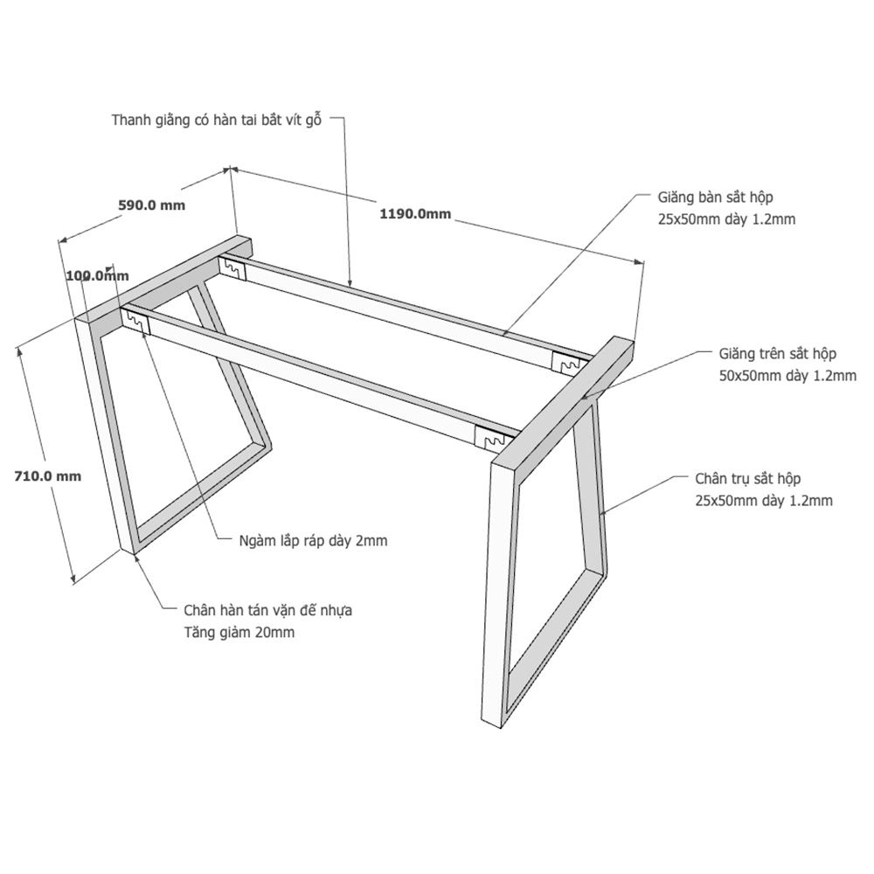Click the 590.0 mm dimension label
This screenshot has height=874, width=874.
coord(151,205)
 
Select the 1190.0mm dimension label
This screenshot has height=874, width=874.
coord(415,213)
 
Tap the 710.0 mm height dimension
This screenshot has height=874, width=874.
coord(47,476)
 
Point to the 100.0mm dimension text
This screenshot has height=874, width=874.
coord(97,275)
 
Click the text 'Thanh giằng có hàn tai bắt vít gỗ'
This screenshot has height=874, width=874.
coord(217,120)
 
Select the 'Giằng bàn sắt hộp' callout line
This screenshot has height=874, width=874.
coord(576,265)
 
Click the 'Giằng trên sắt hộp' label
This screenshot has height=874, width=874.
coord(777,354)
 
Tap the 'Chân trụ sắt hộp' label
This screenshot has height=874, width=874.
coord(747,479)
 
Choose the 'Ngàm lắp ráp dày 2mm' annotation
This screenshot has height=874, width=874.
coord(313,541)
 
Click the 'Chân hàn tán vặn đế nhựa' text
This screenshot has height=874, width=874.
coord(268,610)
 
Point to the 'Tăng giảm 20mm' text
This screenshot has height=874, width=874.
coord(239,633)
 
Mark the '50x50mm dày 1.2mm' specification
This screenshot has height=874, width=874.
coord(787,376)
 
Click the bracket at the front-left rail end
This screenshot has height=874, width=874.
coord(137,322)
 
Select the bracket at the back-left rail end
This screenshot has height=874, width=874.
coord(232,268)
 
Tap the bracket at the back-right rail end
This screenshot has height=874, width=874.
coord(566,363)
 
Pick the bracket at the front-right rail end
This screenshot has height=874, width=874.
coord(490,436)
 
